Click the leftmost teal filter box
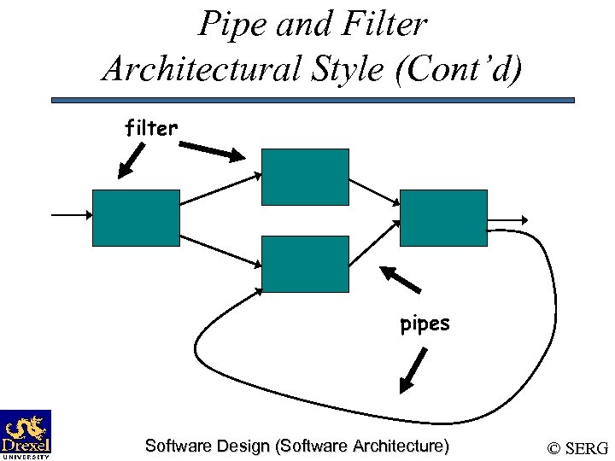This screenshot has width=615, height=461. click(135, 218)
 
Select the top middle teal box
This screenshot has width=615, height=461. click(305, 177)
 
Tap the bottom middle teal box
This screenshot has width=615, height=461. click(305, 264)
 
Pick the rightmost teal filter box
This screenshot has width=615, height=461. click(443, 218)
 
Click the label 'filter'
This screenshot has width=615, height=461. click(151, 129)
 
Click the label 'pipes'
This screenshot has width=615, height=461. click(425, 324)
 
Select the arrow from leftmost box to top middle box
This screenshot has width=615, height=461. click(220, 189)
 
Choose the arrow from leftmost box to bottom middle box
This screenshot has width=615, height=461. click(220, 249)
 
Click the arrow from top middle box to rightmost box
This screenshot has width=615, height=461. click(374, 191)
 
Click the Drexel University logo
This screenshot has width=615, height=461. click(26, 435)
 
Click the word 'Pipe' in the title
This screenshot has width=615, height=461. click(227, 24)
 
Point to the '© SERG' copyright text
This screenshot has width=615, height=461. click(577, 448)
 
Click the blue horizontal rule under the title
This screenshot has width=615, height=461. click(313, 100)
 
